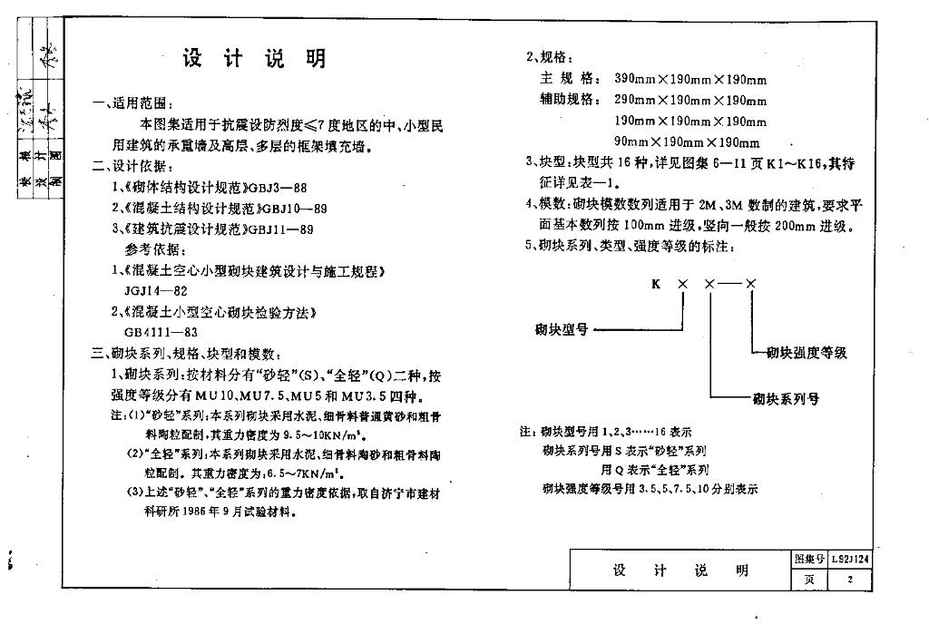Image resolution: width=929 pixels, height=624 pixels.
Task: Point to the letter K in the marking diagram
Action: [656, 285]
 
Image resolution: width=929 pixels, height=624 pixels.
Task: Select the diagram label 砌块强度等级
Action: [807, 353]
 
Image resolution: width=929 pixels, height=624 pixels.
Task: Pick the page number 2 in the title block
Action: [850, 580]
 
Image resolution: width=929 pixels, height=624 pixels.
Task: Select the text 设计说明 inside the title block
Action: [680, 570]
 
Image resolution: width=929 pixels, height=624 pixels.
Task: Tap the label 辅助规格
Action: [568, 100]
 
